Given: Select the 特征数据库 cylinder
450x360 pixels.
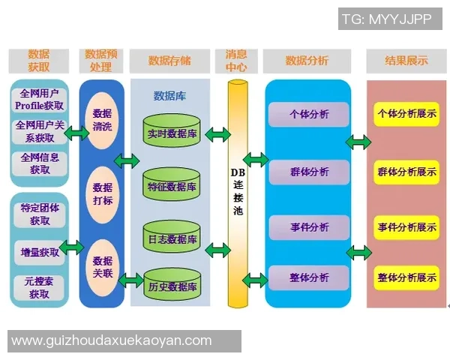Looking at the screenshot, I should click(x=172, y=185).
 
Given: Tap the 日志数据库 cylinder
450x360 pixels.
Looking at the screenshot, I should click(x=172, y=238).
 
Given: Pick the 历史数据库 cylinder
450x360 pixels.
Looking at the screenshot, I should click(x=172, y=286).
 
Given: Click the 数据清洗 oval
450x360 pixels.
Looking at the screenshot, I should click(x=102, y=120).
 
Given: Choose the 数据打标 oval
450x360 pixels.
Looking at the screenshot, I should click(x=102, y=194).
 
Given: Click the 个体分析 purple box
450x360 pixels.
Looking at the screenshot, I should click(x=308, y=115).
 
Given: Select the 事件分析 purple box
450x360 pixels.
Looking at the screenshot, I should click(x=308, y=226).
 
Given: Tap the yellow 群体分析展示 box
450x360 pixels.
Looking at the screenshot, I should click(x=406, y=172).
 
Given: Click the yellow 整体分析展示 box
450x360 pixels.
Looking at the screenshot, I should click(x=406, y=277).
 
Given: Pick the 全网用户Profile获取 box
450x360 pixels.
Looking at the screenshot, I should click(x=39, y=100).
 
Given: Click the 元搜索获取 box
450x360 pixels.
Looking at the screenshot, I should click(x=40, y=287).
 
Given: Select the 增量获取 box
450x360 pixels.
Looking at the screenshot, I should click(x=40, y=252).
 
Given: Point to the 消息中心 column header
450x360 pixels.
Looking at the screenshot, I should click(x=241, y=61).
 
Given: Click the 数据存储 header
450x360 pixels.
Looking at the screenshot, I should click(x=169, y=61).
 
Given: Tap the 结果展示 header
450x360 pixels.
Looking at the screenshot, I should click(x=406, y=61).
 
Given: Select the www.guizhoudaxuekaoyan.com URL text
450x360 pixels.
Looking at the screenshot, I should click(x=112, y=340).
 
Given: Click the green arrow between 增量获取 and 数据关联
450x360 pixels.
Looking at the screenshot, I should click(x=71, y=247).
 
